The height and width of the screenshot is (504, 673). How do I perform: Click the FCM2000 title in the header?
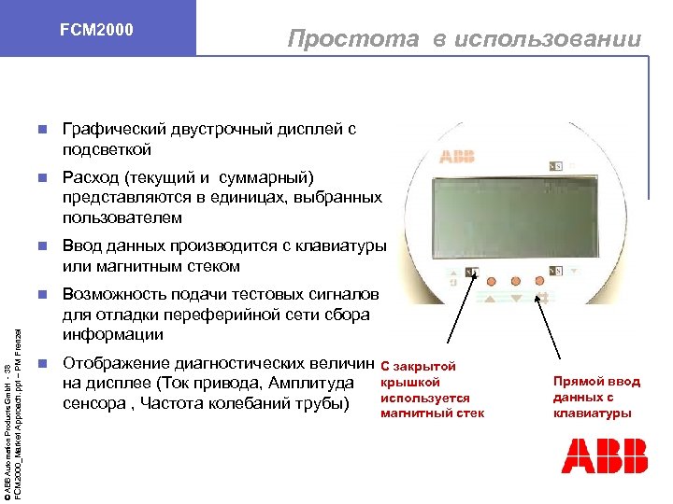pyautogui.click(x=96, y=30)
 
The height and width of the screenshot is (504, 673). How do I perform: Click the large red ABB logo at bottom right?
pyautogui.click(x=605, y=457)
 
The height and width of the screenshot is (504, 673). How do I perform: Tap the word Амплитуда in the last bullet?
pyautogui.click(x=317, y=384)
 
